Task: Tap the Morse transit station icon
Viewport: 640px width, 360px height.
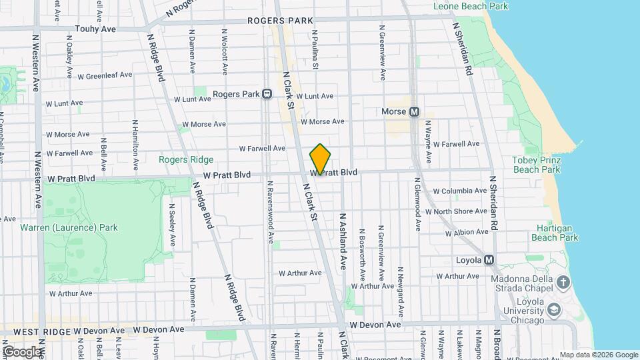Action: (x=414, y=112)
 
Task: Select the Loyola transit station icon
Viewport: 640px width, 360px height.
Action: (x=489, y=259)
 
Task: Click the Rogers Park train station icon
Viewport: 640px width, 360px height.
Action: (x=267, y=94)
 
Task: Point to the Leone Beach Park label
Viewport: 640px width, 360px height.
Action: (x=471, y=6)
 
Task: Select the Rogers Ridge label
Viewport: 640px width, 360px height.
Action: (x=186, y=159)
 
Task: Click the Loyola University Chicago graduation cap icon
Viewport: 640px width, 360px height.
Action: (x=553, y=310)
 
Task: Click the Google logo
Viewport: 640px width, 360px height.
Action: (x=22, y=351)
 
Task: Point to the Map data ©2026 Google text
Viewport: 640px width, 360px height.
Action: (x=598, y=355)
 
